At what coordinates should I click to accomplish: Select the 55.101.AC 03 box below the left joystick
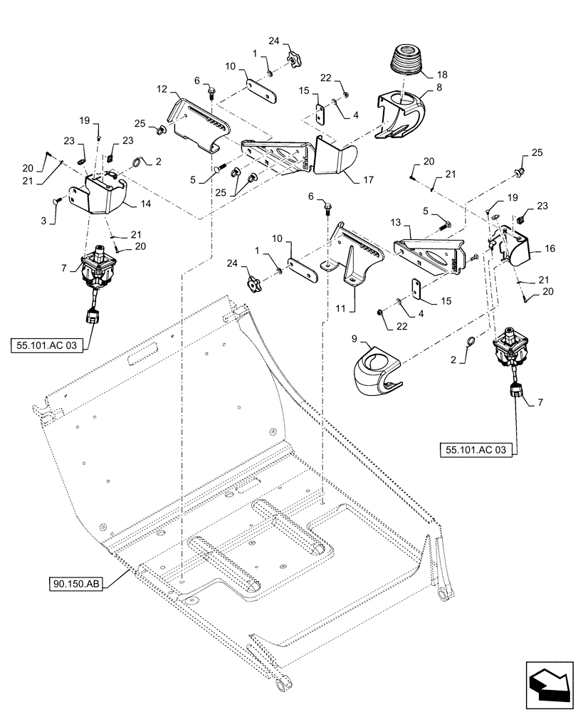click(x=47, y=346)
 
